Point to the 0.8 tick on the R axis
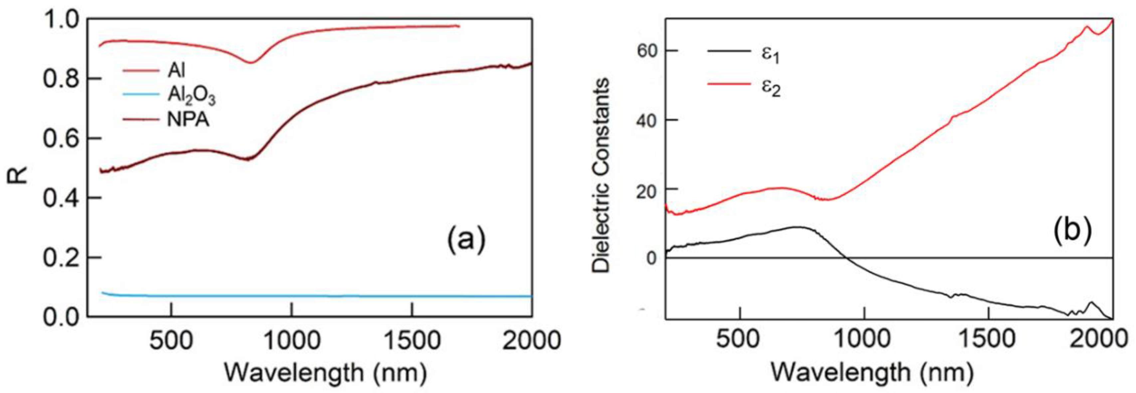(62, 79)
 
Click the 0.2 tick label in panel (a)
(62, 258)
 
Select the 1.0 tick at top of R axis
(62, 19)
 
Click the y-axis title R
(18, 175)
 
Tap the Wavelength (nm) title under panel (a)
(325, 373)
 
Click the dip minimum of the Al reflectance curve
(251, 62)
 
